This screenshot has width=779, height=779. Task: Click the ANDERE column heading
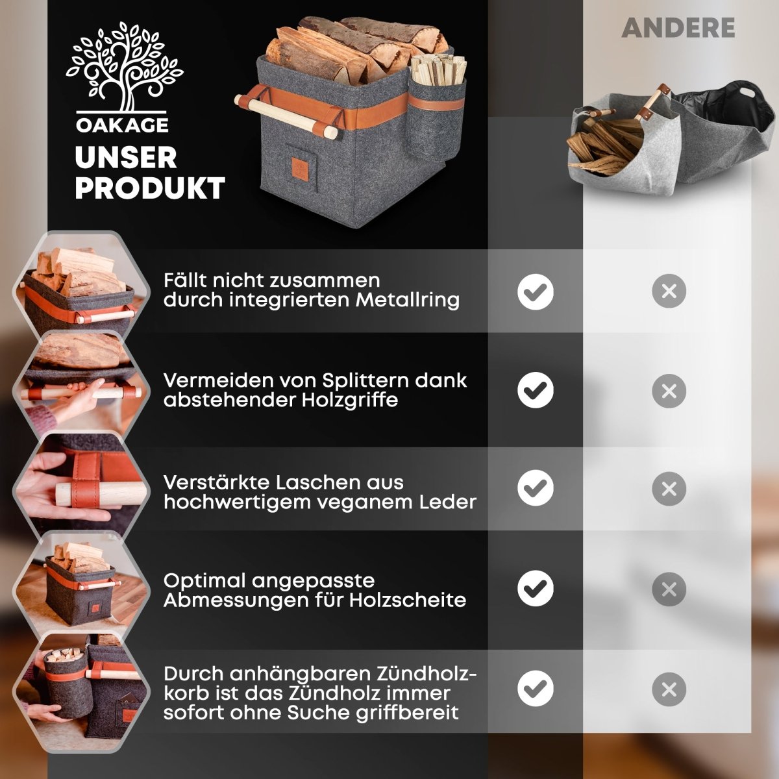(x=678, y=27)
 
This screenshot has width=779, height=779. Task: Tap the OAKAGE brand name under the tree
(x=122, y=125)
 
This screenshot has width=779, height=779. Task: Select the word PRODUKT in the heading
(x=150, y=188)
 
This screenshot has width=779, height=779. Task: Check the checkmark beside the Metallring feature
(x=536, y=291)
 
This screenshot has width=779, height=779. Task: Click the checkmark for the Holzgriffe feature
(x=536, y=391)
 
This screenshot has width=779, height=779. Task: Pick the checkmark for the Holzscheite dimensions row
(x=536, y=589)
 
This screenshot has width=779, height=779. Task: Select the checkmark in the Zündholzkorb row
(x=536, y=689)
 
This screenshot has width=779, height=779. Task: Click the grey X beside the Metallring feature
(x=669, y=291)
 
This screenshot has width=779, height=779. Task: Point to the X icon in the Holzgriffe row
(x=669, y=391)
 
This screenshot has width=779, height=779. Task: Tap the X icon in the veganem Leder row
(x=669, y=489)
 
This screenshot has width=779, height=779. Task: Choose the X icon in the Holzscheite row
(x=669, y=589)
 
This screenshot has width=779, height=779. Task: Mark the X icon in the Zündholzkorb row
(x=669, y=689)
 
